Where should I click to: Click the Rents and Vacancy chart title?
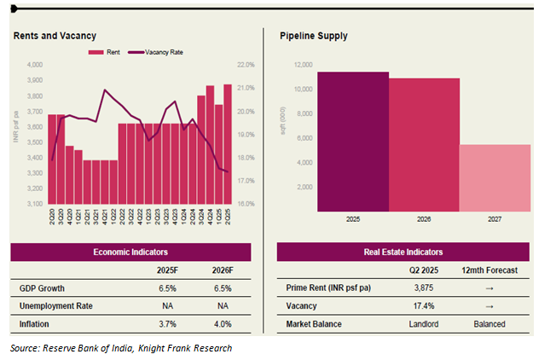[55, 36]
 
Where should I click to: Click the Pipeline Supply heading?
[313, 36]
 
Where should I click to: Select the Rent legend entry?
[106, 52]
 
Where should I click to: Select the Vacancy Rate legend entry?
[158, 52]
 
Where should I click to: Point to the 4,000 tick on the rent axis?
[35, 65]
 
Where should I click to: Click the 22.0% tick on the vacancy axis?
[246, 65]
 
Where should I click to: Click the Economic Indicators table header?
[130, 252]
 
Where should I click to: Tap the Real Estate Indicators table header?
[404, 252]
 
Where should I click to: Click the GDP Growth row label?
[43, 287]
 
